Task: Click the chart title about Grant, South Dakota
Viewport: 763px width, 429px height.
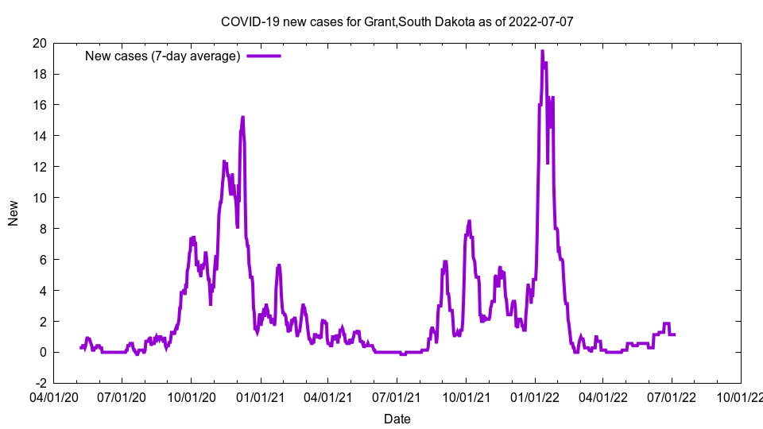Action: pos(397,22)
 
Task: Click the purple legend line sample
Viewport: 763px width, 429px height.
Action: pos(264,56)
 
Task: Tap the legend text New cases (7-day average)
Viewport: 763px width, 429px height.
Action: pos(162,56)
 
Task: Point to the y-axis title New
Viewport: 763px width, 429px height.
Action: pos(14,212)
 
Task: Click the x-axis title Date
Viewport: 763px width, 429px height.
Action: pos(397,419)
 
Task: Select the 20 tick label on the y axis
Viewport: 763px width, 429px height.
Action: pos(39,43)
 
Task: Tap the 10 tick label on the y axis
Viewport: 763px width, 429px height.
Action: pos(39,198)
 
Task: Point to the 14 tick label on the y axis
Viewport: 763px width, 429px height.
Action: pos(39,136)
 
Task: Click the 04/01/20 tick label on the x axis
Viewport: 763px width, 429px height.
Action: pos(53,396)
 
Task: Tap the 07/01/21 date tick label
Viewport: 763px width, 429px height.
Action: pos(397,396)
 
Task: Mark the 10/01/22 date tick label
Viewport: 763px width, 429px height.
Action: pos(741,396)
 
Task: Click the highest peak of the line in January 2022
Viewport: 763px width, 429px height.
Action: pos(542,51)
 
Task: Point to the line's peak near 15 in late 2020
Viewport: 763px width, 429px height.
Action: pos(242,117)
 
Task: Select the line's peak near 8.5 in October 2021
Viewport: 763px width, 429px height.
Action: pos(470,221)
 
